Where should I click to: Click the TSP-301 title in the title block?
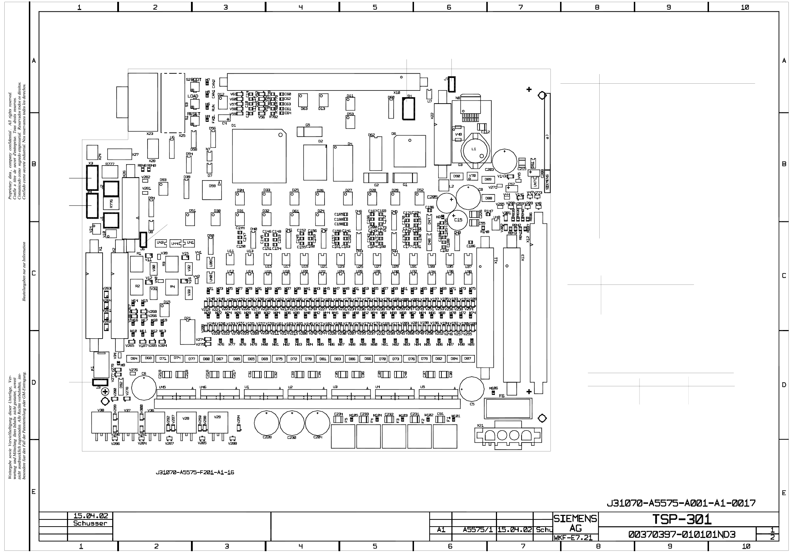682,519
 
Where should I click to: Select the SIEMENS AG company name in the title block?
575,523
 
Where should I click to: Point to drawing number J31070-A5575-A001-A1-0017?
681,503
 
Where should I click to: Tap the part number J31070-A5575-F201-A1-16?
195,472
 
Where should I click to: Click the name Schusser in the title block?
90,523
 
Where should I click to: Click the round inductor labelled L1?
474,149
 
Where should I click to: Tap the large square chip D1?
259,156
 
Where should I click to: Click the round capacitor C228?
266,423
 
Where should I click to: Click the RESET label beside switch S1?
194,114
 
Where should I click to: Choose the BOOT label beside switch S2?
196,80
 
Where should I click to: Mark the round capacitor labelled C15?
457,220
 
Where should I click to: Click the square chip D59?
212,190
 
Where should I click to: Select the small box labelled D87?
468,359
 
